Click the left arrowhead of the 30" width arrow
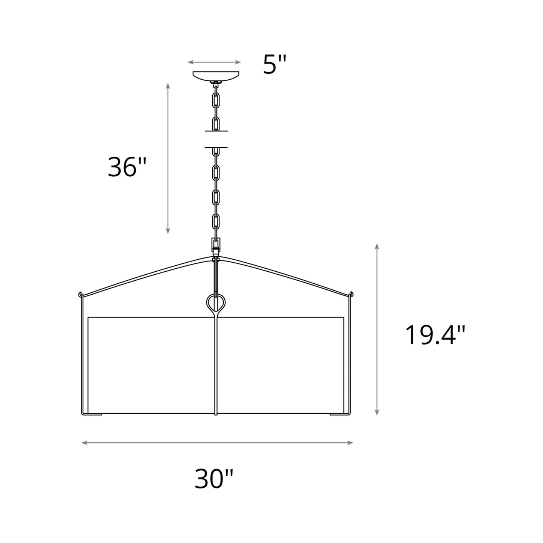84,443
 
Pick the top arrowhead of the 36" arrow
168,86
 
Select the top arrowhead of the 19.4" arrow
377,246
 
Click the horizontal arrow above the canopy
214,62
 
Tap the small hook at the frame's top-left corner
80,293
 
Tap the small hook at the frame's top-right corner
352,293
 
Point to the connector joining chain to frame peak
216,248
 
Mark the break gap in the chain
216,139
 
